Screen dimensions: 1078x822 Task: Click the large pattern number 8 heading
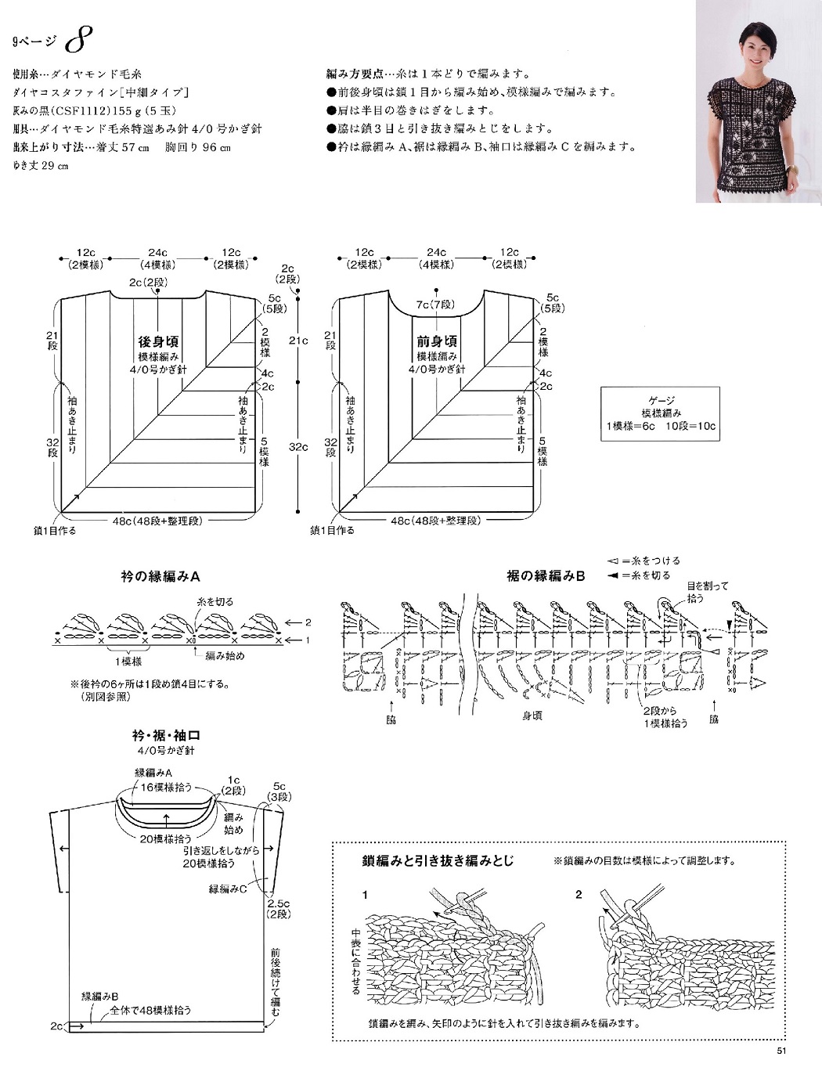coord(79,38)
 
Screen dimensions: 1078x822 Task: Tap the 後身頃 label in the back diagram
coord(158,341)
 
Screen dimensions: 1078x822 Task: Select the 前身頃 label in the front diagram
coord(437,341)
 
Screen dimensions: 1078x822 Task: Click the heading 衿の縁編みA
coord(160,576)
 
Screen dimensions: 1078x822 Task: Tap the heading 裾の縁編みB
coord(545,576)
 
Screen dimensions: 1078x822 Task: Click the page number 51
coord(781,1051)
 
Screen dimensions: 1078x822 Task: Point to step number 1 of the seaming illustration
coord(365,894)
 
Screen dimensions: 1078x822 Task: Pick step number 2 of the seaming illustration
coord(579,894)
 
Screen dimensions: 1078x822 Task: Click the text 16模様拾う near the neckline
coord(166,787)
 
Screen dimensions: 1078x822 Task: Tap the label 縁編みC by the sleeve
coord(228,889)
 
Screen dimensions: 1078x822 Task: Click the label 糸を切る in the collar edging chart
coord(215,601)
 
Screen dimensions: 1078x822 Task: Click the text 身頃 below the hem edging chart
coord(532,716)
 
